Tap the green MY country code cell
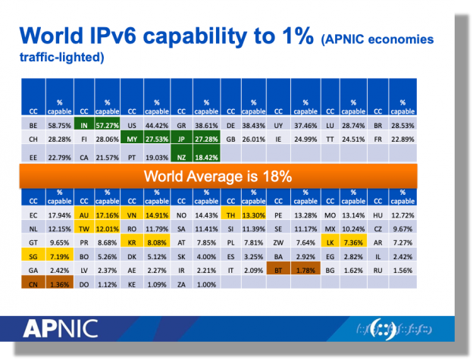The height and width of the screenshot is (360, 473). tap(133, 139)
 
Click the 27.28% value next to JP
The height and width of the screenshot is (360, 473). tap(206, 139)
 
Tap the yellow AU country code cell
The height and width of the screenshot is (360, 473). tap(84, 214)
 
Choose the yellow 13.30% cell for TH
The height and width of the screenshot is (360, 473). tap(254, 214)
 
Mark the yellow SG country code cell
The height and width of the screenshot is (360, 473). tap(34, 257)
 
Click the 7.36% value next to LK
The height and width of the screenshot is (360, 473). tap(352, 243)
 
